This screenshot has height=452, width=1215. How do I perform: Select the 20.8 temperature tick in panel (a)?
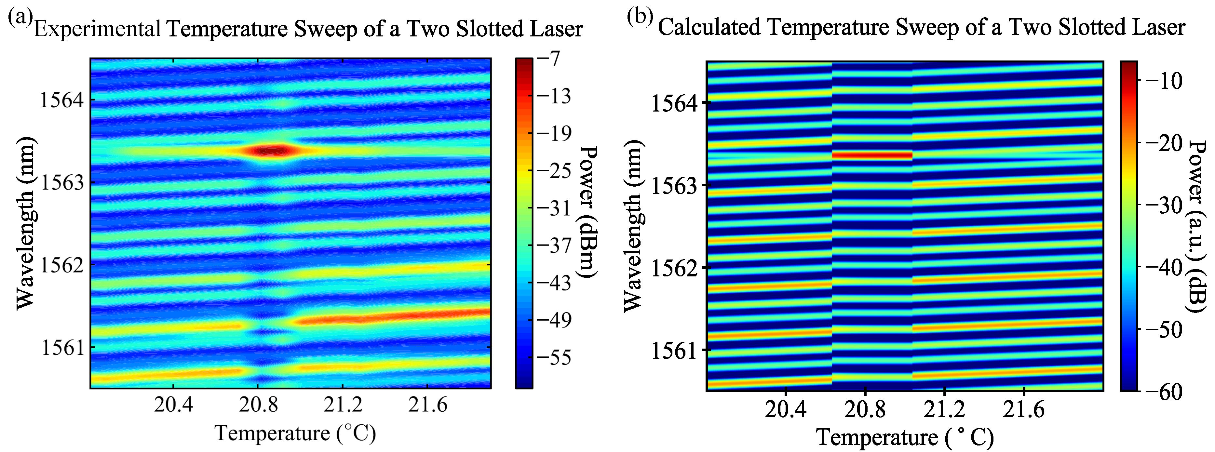[x=258, y=405]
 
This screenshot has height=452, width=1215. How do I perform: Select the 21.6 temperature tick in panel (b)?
[x=1023, y=409]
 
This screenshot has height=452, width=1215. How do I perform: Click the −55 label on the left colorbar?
[x=553, y=357]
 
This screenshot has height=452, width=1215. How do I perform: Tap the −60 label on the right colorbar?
[x=1162, y=391]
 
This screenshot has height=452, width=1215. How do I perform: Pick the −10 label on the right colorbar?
[x=1162, y=81]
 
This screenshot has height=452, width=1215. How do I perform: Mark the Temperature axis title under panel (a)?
[x=295, y=433]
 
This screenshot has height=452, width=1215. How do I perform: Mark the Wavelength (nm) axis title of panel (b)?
[x=632, y=226]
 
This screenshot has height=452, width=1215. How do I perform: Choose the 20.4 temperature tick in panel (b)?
[x=785, y=409]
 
